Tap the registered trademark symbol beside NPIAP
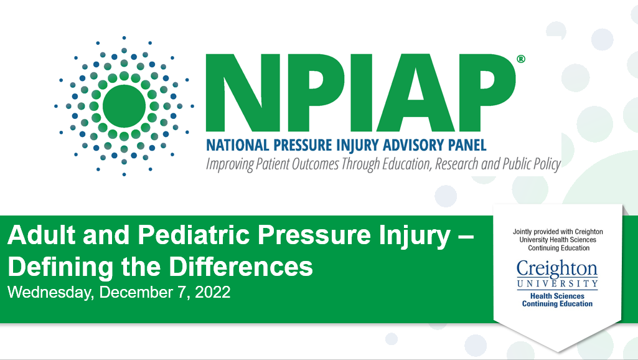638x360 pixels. [x=522, y=59]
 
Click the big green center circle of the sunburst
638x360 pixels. [x=124, y=106]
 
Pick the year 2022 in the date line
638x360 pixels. [x=213, y=292]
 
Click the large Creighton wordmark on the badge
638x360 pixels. [x=557, y=270]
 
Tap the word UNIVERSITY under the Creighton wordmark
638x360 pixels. [x=557, y=284]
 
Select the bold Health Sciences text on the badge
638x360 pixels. [x=557, y=296]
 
